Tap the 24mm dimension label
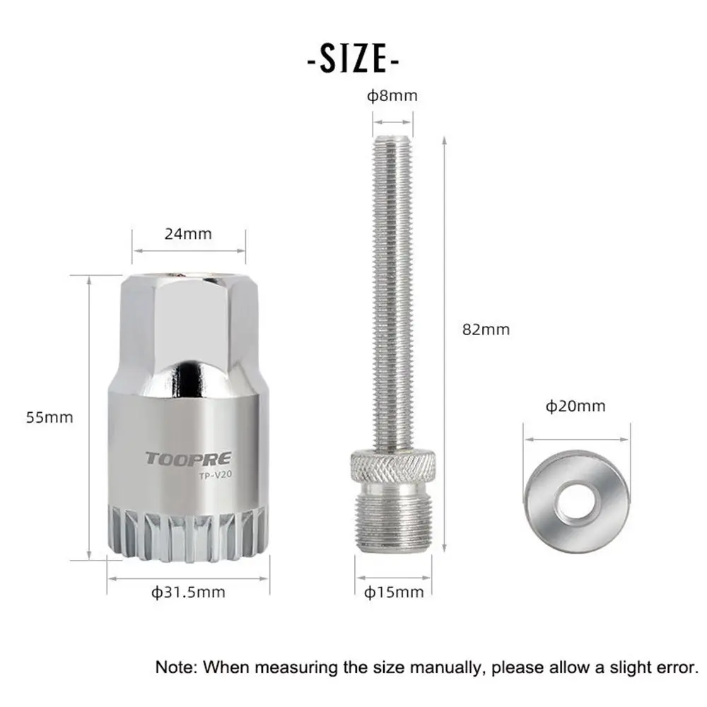coord(188,233)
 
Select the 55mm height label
coord(49,417)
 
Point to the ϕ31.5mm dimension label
coord(188,592)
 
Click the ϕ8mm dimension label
coord(392,95)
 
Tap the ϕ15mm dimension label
coord(395,592)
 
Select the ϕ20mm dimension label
coord(575,406)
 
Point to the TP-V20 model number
coord(214,476)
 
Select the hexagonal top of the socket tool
coord(189,311)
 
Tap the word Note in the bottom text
coord(177,667)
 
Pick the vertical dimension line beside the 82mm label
coord(444,339)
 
